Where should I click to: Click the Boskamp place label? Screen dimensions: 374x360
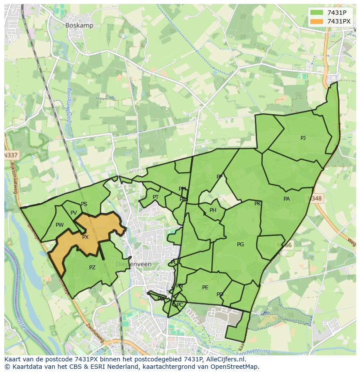click(79, 26)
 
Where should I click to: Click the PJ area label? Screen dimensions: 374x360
click(303, 138)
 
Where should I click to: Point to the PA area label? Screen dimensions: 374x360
click(287, 199)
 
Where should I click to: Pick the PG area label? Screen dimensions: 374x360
click(240, 245)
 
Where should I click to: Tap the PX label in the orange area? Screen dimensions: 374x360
click(86, 237)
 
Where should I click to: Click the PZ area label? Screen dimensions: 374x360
click(92, 268)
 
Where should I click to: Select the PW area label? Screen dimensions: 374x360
click(60, 225)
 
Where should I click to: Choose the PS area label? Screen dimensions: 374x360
click(84, 204)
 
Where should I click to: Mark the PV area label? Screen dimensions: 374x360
click(73, 213)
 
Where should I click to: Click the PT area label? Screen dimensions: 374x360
click(156, 197)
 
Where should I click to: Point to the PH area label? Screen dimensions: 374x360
click(213, 210)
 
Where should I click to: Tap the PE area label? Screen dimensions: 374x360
click(205, 288)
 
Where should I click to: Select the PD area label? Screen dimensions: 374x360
click(220, 295)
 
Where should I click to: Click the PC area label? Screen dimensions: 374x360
click(180, 305)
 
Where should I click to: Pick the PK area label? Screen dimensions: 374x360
click(257, 204)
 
